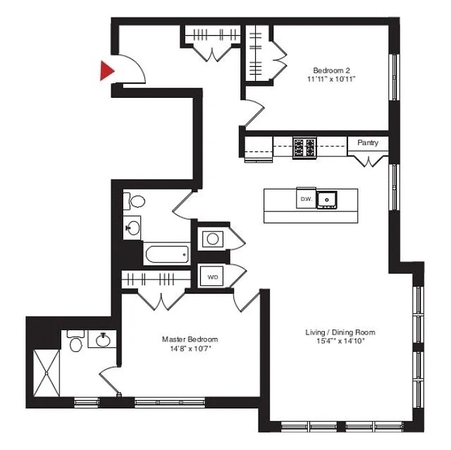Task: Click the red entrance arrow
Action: [106, 70]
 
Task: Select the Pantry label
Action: [368, 143]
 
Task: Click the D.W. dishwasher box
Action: [306, 199]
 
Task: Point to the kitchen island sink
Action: [327, 199]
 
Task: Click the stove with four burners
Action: [304, 147]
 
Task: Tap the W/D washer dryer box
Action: [213, 277]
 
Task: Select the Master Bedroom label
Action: [190, 339]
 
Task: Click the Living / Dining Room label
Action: [340, 332]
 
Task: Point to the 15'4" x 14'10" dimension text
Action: [340, 341]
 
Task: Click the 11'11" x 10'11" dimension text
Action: [332, 79]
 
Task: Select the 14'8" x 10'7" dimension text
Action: [190, 348]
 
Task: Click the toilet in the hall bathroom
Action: [136, 201]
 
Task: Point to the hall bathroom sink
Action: [133, 227]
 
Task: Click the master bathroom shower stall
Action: [47, 373]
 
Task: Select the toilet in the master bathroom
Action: [77, 342]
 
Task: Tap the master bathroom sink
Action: [103, 340]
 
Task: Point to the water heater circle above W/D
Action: [213, 238]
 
